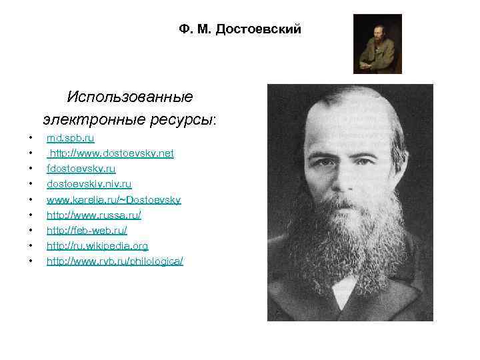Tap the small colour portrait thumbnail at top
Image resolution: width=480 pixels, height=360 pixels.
[377, 44]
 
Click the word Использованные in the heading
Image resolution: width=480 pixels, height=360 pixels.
[130, 97]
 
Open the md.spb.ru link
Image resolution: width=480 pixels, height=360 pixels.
[70, 138]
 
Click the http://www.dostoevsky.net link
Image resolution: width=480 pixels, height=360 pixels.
[111, 153]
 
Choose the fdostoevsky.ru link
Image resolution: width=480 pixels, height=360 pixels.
[81, 169]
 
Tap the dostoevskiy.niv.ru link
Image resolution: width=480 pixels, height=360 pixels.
[89, 184]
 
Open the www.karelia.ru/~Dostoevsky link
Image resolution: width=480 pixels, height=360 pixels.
[113, 199]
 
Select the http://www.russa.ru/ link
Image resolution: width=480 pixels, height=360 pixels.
[93, 215]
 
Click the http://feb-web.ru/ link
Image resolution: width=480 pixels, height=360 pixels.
[87, 230]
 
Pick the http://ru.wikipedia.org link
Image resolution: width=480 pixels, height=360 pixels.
[97, 245]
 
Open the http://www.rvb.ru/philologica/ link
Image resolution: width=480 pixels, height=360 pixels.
[115, 261]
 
